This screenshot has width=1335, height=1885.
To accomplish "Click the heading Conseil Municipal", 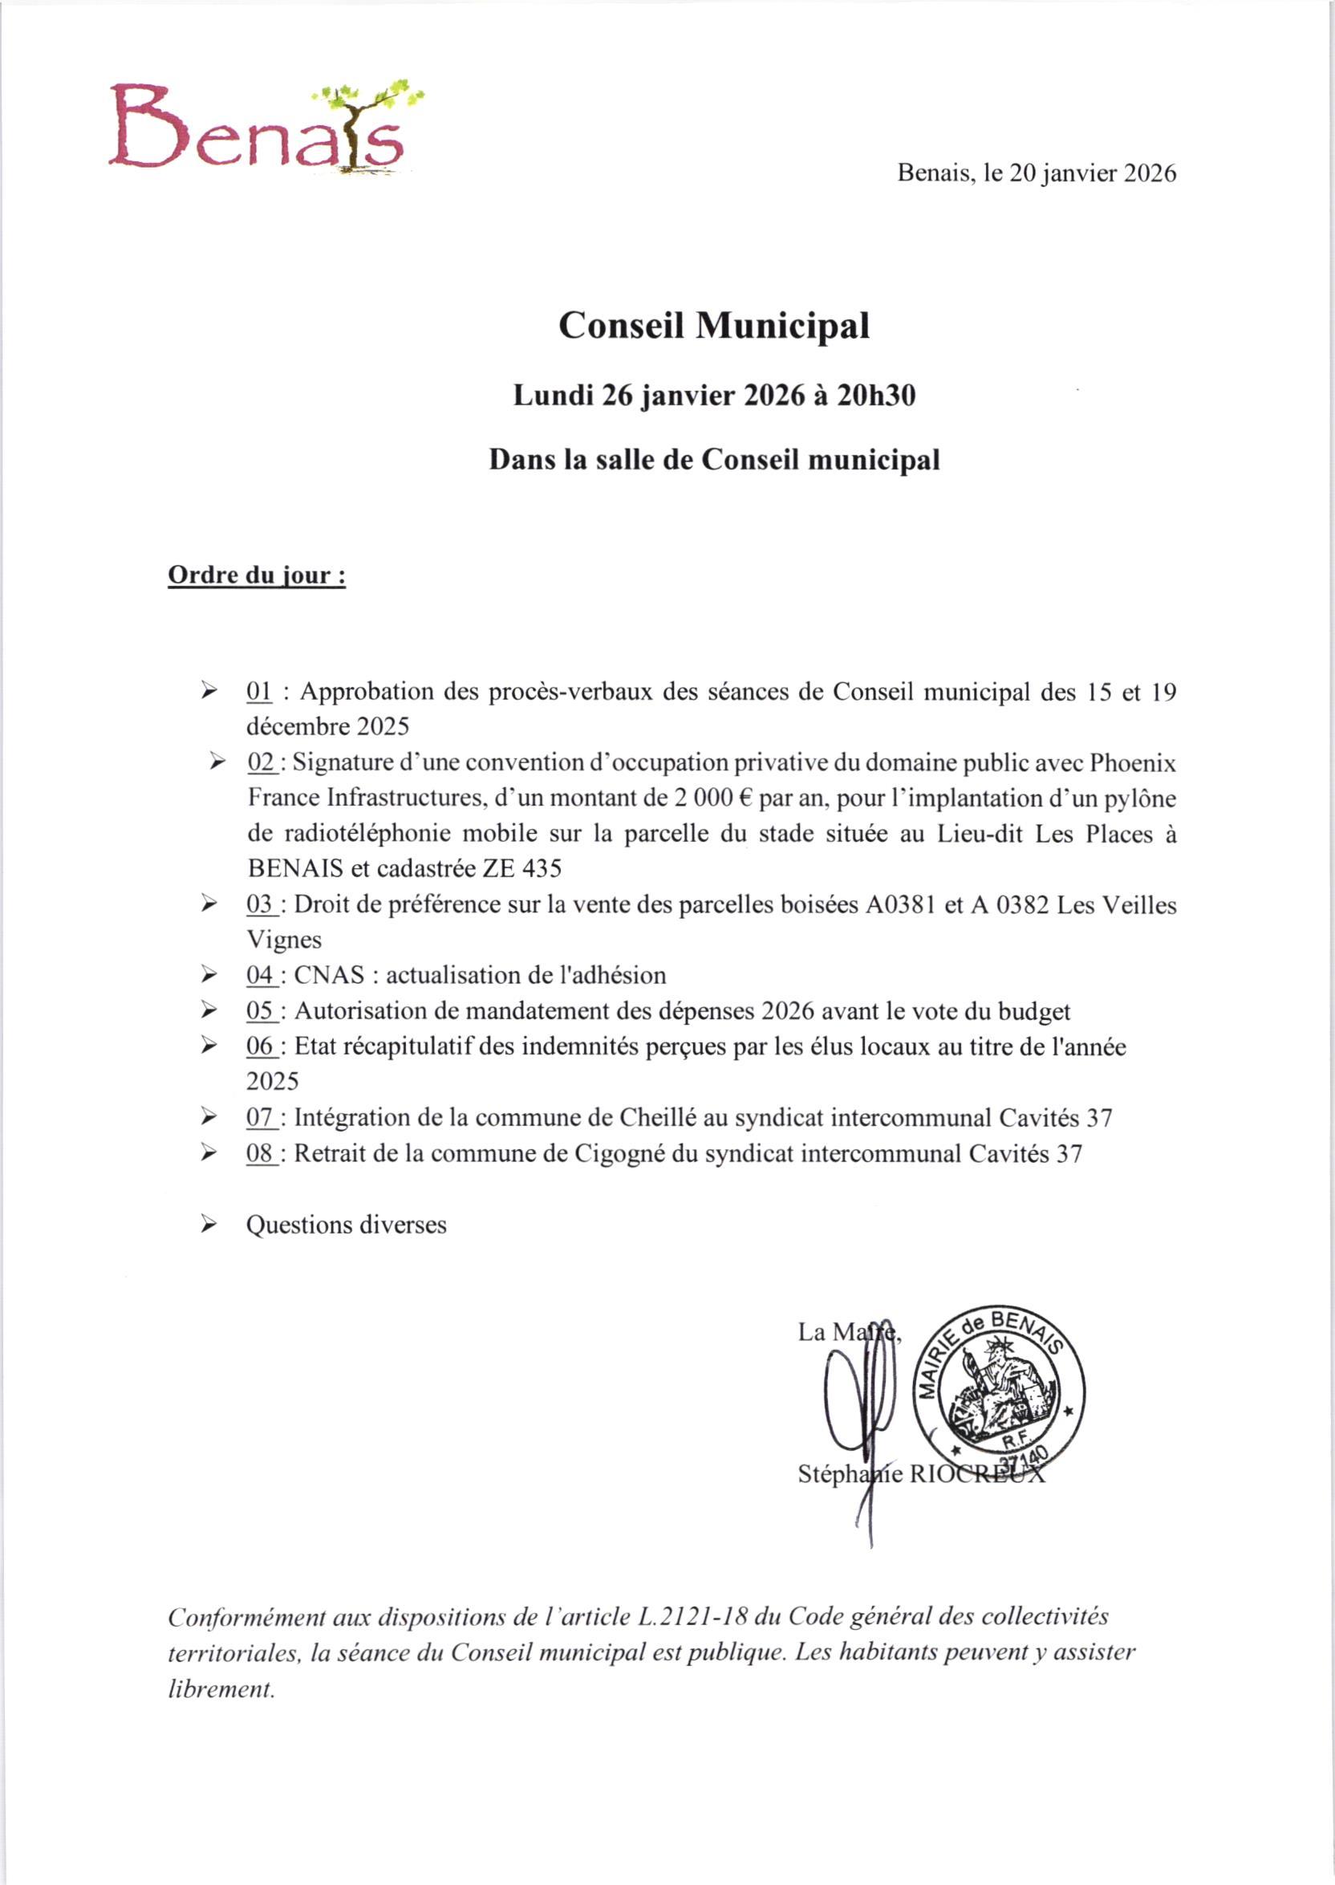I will click(x=713, y=326).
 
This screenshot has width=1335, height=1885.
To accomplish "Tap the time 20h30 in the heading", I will click(x=875, y=396).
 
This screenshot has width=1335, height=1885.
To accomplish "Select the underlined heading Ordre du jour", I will click(x=257, y=575).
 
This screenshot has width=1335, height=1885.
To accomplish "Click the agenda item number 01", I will click(x=259, y=693).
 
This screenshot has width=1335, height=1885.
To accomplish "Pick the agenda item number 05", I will click(x=260, y=1010).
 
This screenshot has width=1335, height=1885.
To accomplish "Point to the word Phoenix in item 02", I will click(x=1132, y=763).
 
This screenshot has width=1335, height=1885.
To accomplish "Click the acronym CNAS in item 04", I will click(x=329, y=975).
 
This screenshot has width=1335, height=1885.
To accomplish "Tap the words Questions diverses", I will click(x=346, y=1224).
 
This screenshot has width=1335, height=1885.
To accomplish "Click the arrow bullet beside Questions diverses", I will click(x=209, y=1225).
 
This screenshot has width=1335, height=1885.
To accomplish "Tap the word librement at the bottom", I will click(x=221, y=1689).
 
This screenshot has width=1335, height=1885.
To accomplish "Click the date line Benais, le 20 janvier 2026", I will click(x=1036, y=173).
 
